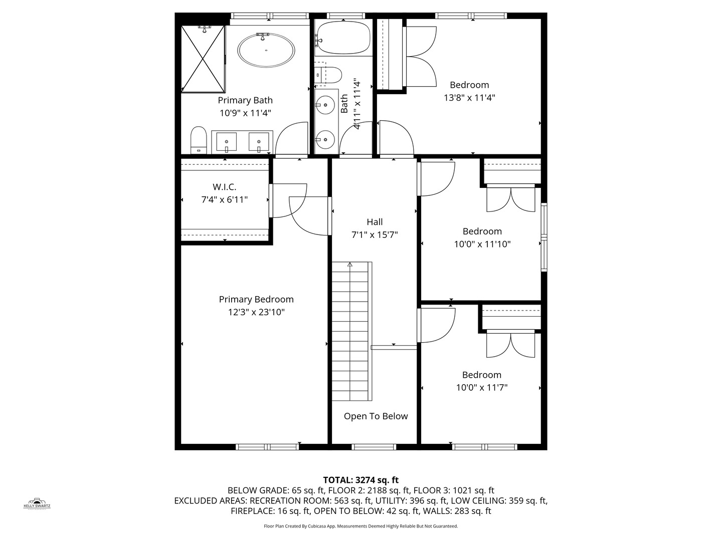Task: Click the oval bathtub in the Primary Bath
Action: pyautogui.click(x=266, y=50)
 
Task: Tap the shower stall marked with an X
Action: pyautogui.click(x=203, y=59)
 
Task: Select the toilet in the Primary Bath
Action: pyautogui.click(x=199, y=140)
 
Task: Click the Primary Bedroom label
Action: pyautogui.click(x=256, y=299)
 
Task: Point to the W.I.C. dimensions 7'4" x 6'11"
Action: pyautogui.click(x=224, y=199)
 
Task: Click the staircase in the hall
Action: pyautogui.click(x=351, y=331)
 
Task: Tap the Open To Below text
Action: pyautogui.click(x=376, y=416)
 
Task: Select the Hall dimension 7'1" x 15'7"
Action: pyautogui.click(x=375, y=234)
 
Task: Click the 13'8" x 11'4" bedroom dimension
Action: pyautogui.click(x=469, y=98)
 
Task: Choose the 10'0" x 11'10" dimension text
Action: pyautogui.click(x=482, y=244)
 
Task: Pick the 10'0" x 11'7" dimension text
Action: pyautogui.click(x=481, y=387)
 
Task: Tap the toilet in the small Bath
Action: pyautogui.click(x=329, y=75)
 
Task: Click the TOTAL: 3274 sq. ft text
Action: pyautogui.click(x=360, y=480)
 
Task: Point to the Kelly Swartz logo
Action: pyautogui.click(x=37, y=503)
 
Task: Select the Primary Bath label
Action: pyautogui.click(x=245, y=100)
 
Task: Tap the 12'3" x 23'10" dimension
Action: pyautogui.click(x=256, y=312)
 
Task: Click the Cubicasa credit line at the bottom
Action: pyautogui.click(x=360, y=526)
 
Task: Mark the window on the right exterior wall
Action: pyautogui.click(x=544, y=237)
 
